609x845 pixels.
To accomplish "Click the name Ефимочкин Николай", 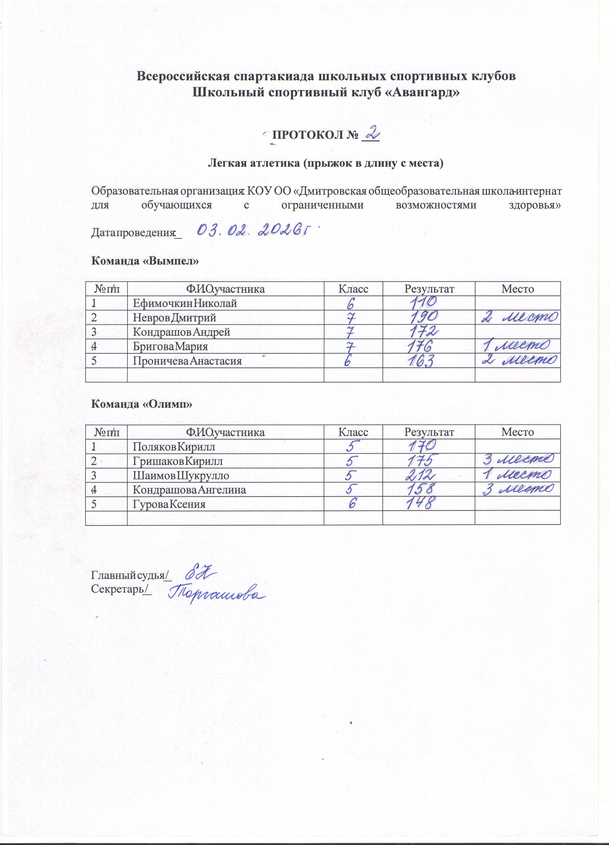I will pyautogui.click(x=185, y=303).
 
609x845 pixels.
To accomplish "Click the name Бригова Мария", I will pyautogui.click(x=170, y=347).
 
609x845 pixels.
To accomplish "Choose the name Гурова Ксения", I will pyautogui.click(x=169, y=504).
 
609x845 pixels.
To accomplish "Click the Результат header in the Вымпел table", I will pyautogui.click(x=429, y=289).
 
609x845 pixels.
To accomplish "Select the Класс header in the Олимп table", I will pyautogui.click(x=353, y=432).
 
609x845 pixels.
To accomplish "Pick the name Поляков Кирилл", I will pyautogui.click(x=174, y=446).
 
